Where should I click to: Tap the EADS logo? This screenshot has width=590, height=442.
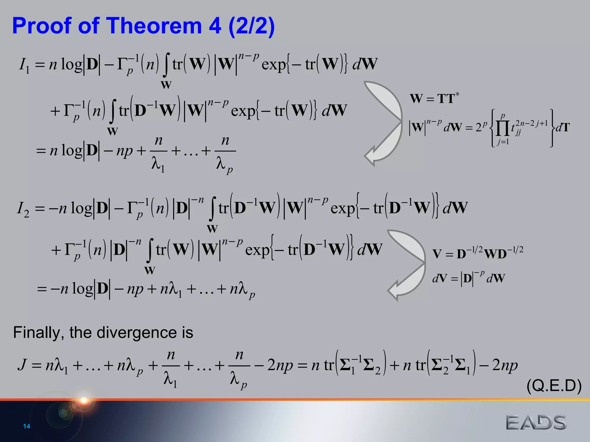click(x=536, y=422)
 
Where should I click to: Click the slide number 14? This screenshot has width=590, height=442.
click(x=27, y=426)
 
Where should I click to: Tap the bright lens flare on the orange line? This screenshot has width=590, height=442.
click(x=84, y=400)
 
